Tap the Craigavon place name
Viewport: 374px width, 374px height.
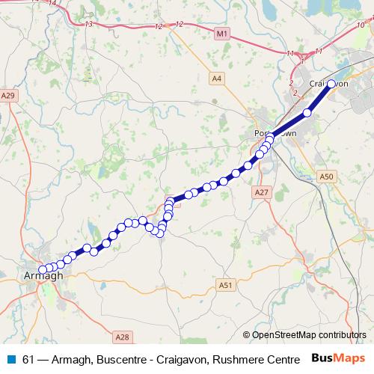tap(329, 84)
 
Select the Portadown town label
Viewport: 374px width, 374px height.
tap(272, 132)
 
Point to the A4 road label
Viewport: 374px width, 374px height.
tap(217, 78)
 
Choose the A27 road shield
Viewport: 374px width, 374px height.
tap(261, 192)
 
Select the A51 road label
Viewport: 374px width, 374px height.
tap(227, 285)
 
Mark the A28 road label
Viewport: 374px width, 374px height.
tap(123, 337)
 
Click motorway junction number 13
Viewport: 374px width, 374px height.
tap(89, 25)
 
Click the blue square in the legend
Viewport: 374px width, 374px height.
tap(10, 359)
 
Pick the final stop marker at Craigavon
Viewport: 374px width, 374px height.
tap(331, 84)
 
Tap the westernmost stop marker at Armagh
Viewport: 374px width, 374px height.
tap(43, 270)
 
